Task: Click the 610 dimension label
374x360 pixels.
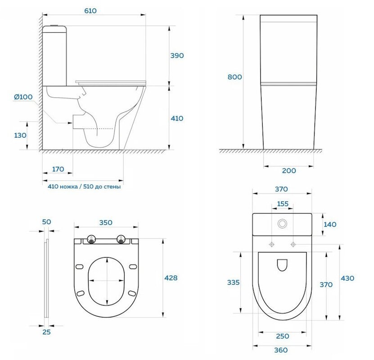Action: [x=90, y=11]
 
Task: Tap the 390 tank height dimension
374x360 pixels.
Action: [x=177, y=55]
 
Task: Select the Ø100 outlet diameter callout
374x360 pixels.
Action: [x=23, y=97]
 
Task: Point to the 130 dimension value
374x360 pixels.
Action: [x=20, y=135]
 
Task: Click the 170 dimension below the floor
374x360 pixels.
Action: [x=58, y=169]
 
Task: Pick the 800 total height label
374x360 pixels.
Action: [x=234, y=77]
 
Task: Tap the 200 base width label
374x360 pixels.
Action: [x=289, y=171]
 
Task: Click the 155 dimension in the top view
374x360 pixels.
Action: [x=283, y=204]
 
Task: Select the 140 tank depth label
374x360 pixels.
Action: [x=330, y=225]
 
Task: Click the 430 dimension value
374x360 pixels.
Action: [x=347, y=278]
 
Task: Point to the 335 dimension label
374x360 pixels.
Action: [x=233, y=282]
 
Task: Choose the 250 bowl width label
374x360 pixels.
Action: [x=283, y=336]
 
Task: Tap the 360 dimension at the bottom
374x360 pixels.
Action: [x=281, y=350]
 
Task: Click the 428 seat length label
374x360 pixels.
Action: [x=171, y=278]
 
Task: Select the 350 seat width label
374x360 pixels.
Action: [x=106, y=222]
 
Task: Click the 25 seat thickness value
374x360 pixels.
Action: [x=46, y=332]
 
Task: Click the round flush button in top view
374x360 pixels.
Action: [x=282, y=223]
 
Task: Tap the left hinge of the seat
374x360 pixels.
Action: [x=91, y=239]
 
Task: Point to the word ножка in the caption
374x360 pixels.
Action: [x=69, y=186]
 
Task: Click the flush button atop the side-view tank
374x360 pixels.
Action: [x=54, y=25]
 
